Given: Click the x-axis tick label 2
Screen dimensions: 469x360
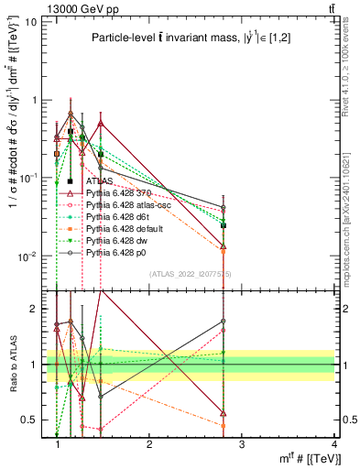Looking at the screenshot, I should [x=150, y=445].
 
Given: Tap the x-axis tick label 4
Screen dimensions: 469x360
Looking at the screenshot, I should [x=335, y=445].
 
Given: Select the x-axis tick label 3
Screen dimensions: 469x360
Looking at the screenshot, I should [x=243, y=445].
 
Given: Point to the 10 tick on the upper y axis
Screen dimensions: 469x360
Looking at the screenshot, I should [x=30, y=21].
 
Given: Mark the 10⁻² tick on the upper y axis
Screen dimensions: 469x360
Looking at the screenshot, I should [x=27, y=256].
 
